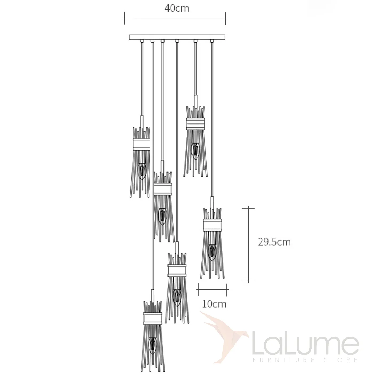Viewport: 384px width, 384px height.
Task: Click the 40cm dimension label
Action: click(x=177, y=9)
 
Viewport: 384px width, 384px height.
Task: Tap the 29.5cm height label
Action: click(x=274, y=242)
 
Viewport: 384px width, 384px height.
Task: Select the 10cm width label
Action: click(x=214, y=304)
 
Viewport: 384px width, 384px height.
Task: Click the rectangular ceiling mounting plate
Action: click(x=177, y=37)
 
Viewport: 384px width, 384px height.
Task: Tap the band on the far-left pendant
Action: click(x=141, y=145)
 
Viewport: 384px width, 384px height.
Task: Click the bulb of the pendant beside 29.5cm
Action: click(x=212, y=253)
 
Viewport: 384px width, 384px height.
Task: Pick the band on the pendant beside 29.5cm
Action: click(x=212, y=225)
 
